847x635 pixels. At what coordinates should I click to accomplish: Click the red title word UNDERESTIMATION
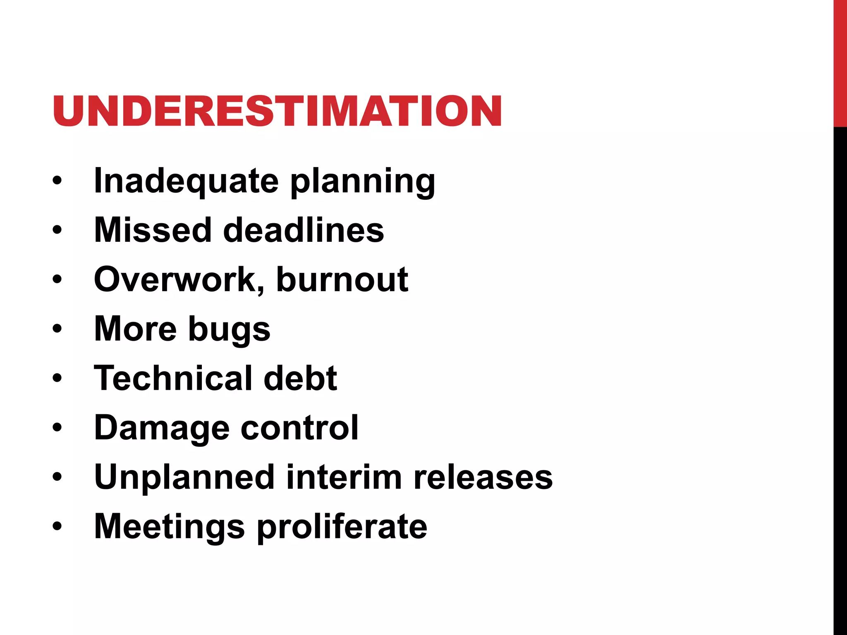click(x=277, y=111)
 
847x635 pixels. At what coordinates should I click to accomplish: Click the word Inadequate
click(x=187, y=181)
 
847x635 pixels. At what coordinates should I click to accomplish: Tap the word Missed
click(x=153, y=230)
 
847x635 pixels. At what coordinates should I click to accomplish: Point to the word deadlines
click(x=304, y=230)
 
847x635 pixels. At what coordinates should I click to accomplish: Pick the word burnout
click(x=342, y=279)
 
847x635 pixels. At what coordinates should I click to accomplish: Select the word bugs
click(x=230, y=330)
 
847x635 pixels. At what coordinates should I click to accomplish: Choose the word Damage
click(x=162, y=428)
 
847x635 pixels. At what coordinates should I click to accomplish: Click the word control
click(x=299, y=427)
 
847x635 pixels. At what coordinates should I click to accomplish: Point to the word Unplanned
click(x=184, y=477)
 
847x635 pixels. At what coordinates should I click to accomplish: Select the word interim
click(x=344, y=477)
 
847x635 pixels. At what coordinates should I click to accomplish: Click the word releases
click(x=483, y=477)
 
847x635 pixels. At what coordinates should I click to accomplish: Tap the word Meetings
click(x=170, y=527)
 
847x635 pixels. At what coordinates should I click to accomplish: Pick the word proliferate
click(x=342, y=527)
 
